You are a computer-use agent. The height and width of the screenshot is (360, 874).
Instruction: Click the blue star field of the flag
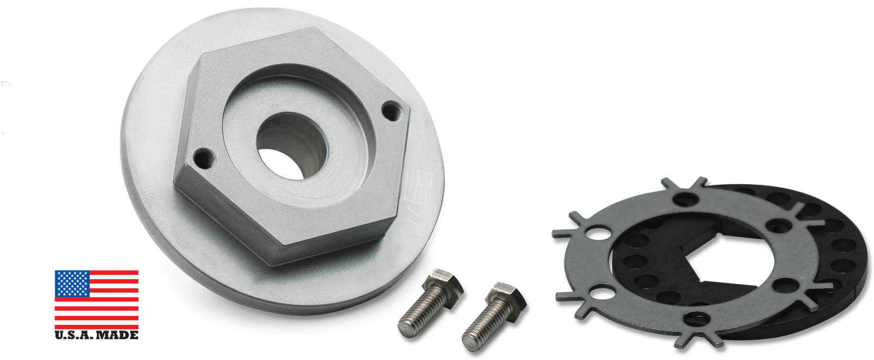[72, 284]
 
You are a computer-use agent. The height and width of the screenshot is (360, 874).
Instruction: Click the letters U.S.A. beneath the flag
[74, 335]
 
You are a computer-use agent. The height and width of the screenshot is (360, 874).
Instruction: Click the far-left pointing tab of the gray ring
[558, 234]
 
